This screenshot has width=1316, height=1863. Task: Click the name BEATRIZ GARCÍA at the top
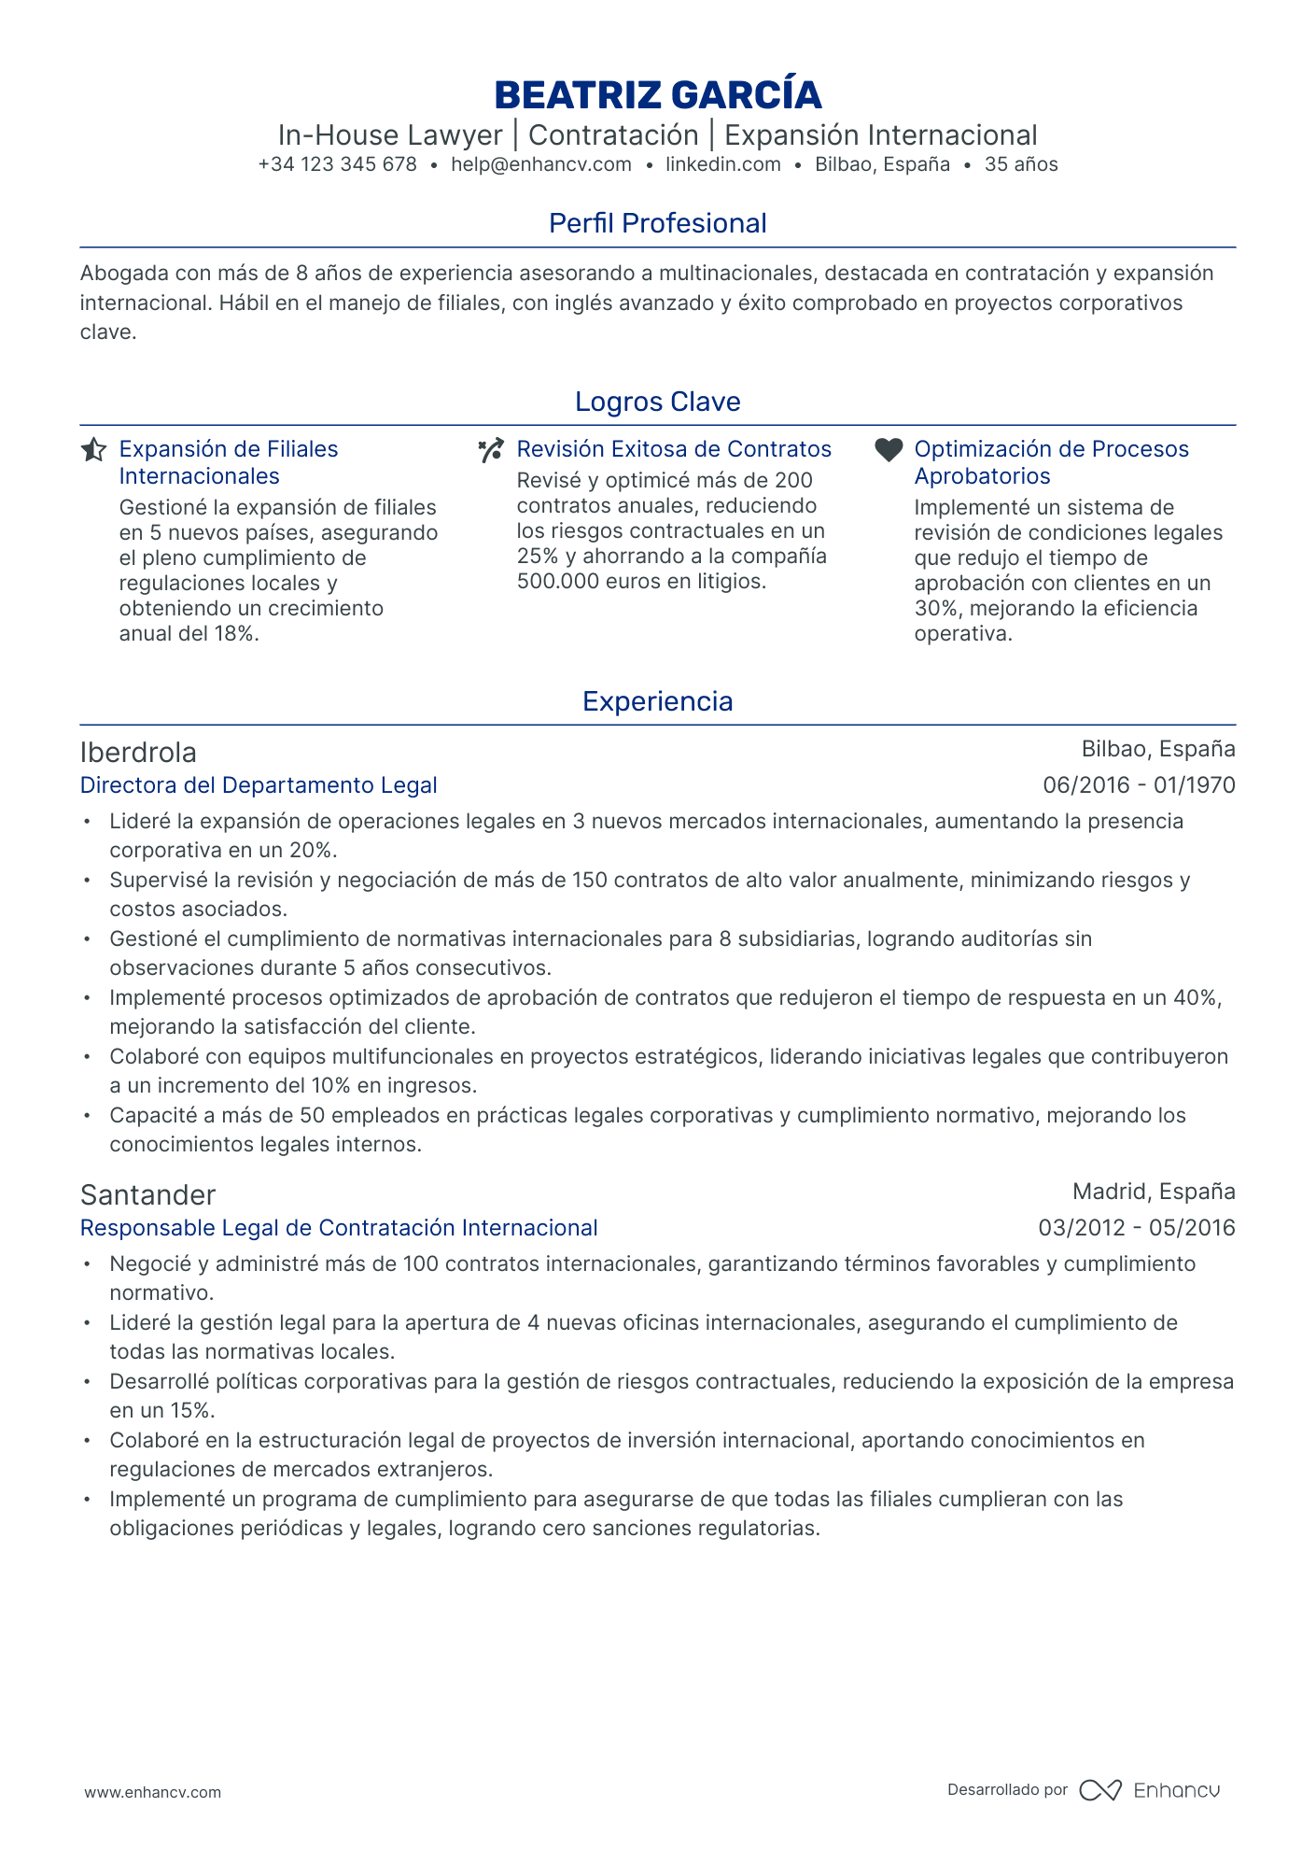(657, 94)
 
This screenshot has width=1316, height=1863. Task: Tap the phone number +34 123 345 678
(337, 164)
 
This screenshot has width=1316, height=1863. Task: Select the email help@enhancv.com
(540, 164)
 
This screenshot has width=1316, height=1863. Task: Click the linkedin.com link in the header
(722, 164)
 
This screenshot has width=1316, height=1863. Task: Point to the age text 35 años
(1020, 164)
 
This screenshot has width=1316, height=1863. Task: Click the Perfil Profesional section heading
(657, 223)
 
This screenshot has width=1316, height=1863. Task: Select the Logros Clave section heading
(657, 402)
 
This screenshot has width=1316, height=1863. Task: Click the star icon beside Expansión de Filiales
(93, 450)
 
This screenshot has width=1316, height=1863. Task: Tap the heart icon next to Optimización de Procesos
(889, 449)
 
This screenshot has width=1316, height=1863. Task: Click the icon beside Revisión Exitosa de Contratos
(491, 450)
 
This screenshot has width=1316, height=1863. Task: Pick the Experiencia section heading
(657, 701)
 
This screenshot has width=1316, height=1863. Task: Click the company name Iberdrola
(138, 752)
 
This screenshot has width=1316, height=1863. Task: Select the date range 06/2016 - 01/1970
(1138, 785)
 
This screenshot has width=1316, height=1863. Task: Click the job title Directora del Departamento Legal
(259, 785)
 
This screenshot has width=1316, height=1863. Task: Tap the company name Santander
(147, 1194)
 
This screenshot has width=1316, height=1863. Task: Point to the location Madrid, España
(1153, 1191)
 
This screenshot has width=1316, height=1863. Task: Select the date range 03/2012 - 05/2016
(1136, 1228)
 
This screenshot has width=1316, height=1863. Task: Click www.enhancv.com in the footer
(153, 1792)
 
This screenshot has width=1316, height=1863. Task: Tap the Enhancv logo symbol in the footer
(1099, 1790)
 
